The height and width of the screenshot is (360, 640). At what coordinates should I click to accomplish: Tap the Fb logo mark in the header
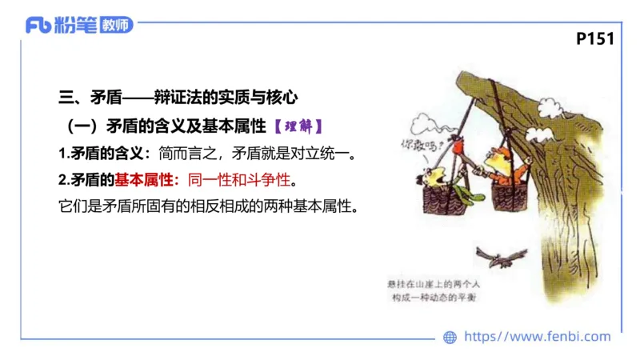pyautogui.click(x=38, y=25)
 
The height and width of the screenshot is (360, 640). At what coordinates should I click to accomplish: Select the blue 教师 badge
pyautogui.click(x=116, y=25)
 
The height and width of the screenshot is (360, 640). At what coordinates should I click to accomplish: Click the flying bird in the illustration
pyautogui.click(x=502, y=255)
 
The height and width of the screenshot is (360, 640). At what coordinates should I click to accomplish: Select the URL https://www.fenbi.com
pyautogui.click(x=537, y=337)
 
